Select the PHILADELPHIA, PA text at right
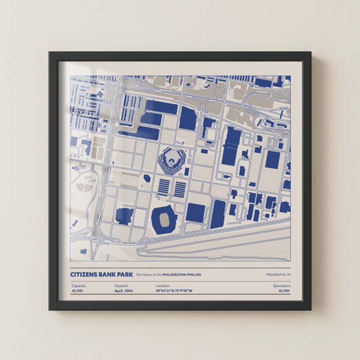click(x=278, y=276)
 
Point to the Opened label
click(x=121, y=286)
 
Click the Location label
click(x=163, y=286)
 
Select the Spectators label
click(x=282, y=286)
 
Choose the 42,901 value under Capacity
click(x=78, y=291)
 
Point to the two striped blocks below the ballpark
click(x=172, y=188)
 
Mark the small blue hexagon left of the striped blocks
click(x=147, y=179)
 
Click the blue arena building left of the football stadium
click(x=124, y=216)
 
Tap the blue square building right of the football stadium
click(x=195, y=213)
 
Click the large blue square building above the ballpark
click(x=188, y=119)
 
